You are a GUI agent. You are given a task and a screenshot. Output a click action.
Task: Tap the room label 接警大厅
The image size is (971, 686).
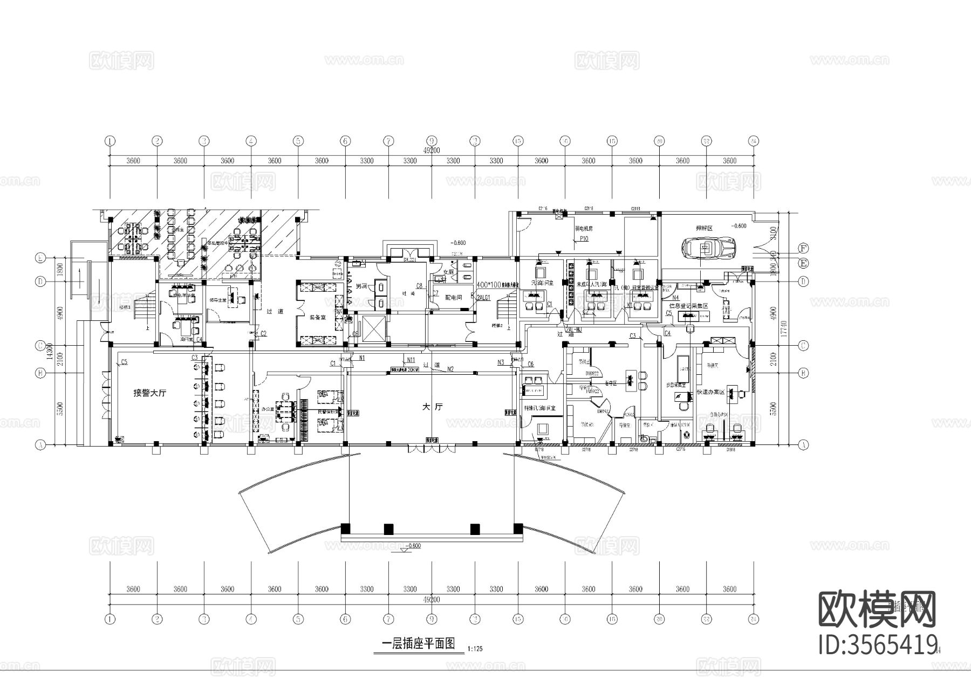[x=150, y=393]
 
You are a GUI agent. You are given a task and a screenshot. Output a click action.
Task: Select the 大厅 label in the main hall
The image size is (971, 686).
[x=433, y=408]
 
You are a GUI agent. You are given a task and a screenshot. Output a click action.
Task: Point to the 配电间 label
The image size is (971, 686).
[x=454, y=298]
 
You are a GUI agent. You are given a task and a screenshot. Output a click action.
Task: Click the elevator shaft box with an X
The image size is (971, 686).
[x=374, y=328]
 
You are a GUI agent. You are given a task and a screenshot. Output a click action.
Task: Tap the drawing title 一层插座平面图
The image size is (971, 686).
[x=418, y=643]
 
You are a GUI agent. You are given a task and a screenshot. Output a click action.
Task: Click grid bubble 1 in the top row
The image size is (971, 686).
[x=110, y=141]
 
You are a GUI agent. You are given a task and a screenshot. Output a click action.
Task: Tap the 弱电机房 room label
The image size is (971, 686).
[x=584, y=229]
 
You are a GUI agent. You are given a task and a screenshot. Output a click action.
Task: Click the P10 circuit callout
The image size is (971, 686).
[x=583, y=238]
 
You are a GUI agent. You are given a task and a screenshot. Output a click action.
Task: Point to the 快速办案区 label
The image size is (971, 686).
[x=713, y=392]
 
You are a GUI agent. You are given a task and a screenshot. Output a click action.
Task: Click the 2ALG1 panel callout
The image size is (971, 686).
[x=483, y=297]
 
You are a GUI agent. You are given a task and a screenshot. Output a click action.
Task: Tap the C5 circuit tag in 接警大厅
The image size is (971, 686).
[x=124, y=361]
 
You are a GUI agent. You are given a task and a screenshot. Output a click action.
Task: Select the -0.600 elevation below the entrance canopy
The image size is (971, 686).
[x=413, y=546]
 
